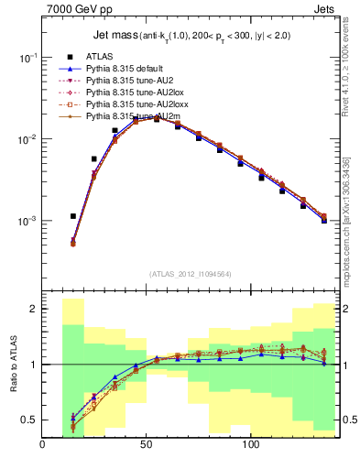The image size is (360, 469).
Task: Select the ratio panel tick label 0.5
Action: [28, 420]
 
